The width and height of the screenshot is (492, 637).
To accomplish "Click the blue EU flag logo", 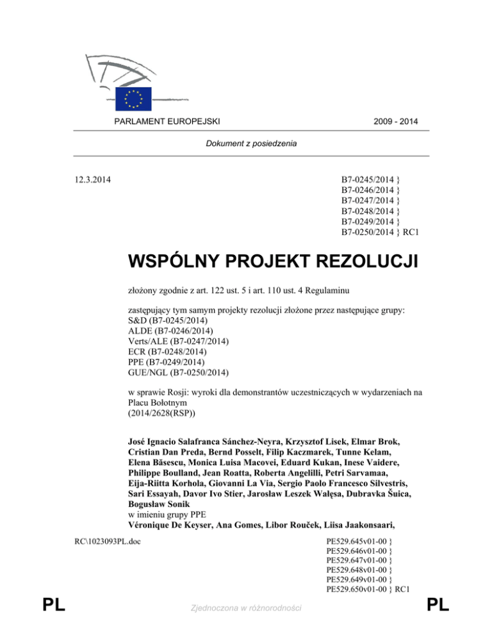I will point(133,99).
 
